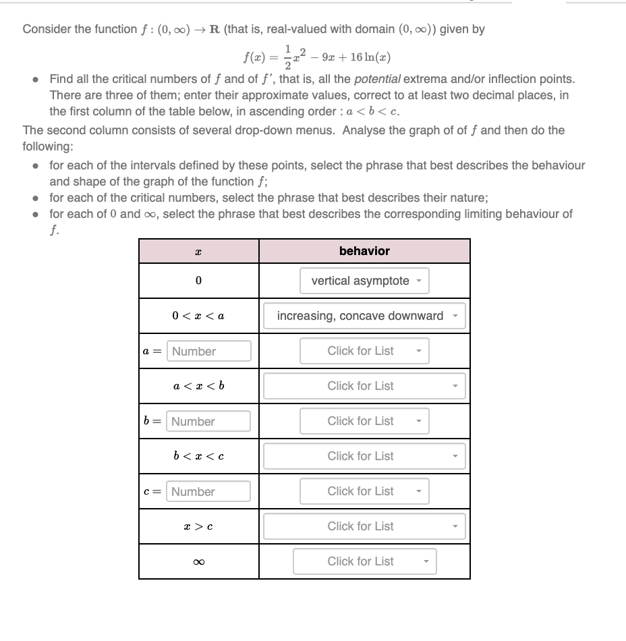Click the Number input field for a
[209, 351]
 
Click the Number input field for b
[209, 421]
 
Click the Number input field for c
[209, 491]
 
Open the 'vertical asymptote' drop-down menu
[364, 281]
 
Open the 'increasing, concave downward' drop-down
[364, 316]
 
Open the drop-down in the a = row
[364, 351]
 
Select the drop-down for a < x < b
[364, 386]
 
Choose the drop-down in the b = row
[364, 421]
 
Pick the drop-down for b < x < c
[364, 456]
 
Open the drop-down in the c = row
[364, 491]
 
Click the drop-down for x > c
[364, 526]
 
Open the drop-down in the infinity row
[364, 561]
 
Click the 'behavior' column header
[364, 251]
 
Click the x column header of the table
[198, 251]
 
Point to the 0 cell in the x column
[198, 281]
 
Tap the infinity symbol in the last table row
[198, 561]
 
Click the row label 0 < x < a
[198, 316]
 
